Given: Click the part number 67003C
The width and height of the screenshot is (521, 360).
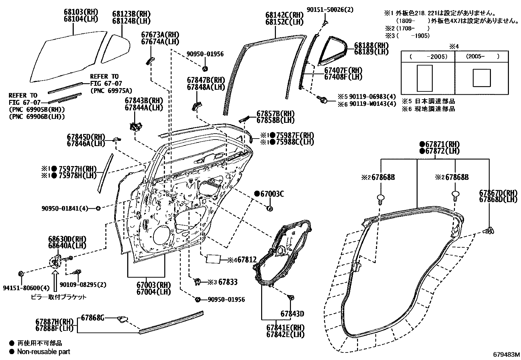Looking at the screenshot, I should click(272, 194).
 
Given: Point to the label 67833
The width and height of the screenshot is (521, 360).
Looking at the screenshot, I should click(228, 282).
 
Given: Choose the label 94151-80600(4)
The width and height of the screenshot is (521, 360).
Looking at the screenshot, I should click(26, 288).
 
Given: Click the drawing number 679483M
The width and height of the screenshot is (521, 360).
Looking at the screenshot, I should click(506, 354).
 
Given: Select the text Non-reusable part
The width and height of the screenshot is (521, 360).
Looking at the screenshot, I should click(44, 352).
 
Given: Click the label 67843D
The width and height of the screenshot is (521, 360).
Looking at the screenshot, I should click(292, 314).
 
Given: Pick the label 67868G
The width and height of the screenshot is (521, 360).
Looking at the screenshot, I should click(93, 317).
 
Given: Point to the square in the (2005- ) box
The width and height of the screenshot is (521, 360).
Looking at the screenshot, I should click(482, 78).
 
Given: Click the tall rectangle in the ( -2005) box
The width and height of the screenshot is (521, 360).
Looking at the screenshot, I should click(425, 78).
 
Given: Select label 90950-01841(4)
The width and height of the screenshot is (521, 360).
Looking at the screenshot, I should click(65, 208).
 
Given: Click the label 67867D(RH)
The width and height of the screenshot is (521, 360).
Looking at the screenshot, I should click(498, 193).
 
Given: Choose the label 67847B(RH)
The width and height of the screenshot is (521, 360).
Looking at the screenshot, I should click(206, 80).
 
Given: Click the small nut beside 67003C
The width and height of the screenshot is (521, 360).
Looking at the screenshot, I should click(270, 208).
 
